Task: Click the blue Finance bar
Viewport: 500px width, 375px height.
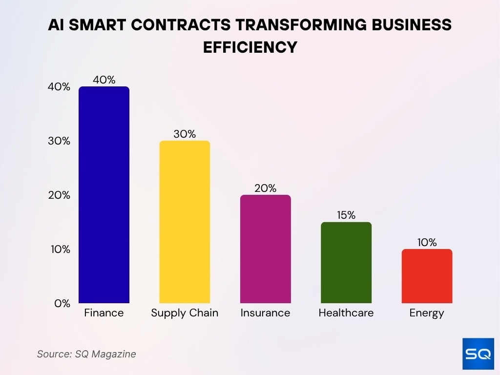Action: point(104,195)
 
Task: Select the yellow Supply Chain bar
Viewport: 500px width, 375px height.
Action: point(185,222)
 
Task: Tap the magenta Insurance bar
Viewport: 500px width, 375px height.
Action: point(265,249)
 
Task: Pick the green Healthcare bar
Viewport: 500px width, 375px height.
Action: point(346,263)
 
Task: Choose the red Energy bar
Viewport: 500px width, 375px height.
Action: point(427,276)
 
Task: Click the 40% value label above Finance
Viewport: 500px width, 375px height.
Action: point(104,80)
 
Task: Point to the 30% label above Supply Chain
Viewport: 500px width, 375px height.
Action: point(185,134)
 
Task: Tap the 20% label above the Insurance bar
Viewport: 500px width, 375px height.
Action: point(265,188)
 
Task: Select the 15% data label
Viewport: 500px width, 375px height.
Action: point(346,215)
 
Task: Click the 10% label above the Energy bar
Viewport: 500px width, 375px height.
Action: point(427,243)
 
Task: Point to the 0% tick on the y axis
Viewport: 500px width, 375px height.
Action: point(62,303)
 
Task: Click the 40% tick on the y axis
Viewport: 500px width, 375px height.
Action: point(59,87)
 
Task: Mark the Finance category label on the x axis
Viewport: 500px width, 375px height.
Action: point(104,313)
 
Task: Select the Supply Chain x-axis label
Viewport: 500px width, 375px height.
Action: point(185,313)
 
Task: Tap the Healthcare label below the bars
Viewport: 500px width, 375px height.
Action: point(346,313)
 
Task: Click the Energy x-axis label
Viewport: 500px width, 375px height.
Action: point(427,313)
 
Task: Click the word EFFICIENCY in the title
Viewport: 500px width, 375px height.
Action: point(250,47)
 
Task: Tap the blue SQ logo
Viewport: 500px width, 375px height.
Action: point(478,354)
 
